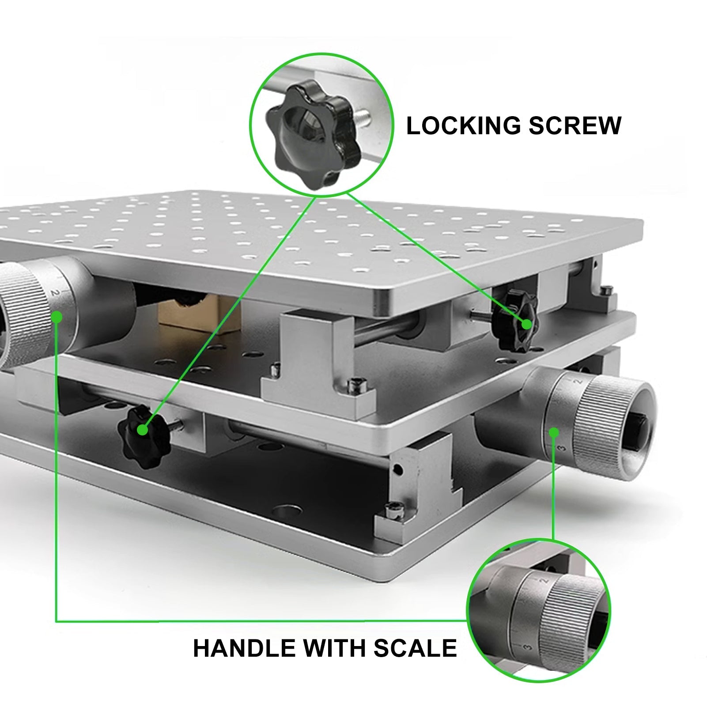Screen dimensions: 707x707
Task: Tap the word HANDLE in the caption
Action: [x=244, y=648]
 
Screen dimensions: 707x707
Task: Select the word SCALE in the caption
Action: [x=415, y=648]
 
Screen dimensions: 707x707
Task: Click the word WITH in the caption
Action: [x=334, y=648]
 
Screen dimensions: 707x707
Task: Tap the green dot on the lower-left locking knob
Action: [x=142, y=429]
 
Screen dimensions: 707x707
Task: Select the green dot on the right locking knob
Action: [x=526, y=324]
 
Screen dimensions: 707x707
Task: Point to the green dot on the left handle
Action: [x=57, y=316]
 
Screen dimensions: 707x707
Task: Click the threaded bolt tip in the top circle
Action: [x=366, y=117]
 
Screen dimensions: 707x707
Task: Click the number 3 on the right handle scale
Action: [x=561, y=449]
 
